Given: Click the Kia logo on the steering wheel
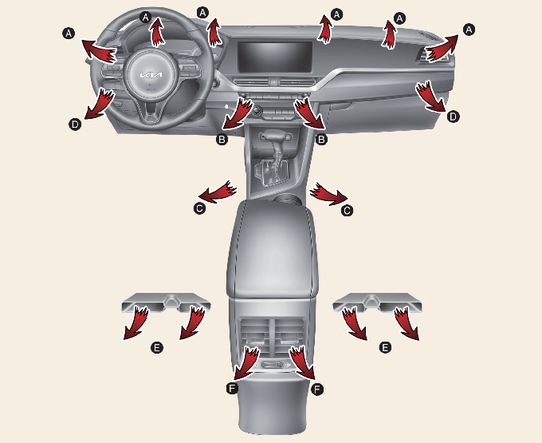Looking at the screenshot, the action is pos(151,75).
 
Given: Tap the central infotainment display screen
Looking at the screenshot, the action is pos(275,57).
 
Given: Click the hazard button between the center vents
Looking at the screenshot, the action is pos(273,82).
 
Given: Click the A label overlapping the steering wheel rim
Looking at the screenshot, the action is pos(146,16).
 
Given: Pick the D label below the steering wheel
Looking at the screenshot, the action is pos(75,124).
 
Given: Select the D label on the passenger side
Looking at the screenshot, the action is pos(453,117).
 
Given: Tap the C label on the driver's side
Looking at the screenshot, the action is pos(199,208).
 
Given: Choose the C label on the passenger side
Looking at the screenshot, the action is pos(347,211).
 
